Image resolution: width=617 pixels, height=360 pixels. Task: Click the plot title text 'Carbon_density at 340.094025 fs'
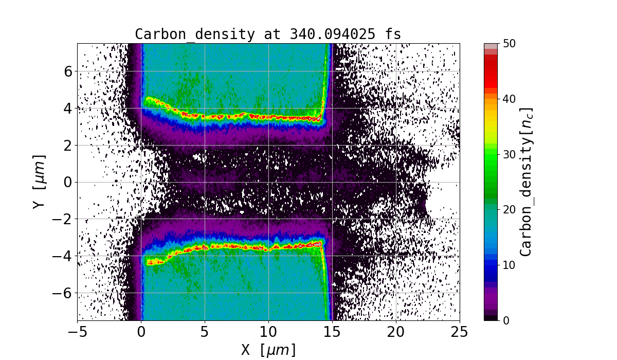click(x=268, y=34)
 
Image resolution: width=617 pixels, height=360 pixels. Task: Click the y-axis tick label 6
click(x=67, y=71)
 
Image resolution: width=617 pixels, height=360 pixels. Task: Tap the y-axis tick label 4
click(x=67, y=108)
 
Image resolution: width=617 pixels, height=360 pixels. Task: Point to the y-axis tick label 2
click(x=67, y=145)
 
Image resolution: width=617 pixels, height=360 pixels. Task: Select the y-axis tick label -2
click(x=63, y=219)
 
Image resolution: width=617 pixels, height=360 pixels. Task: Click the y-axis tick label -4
click(x=63, y=256)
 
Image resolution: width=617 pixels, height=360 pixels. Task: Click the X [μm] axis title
click(x=268, y=350)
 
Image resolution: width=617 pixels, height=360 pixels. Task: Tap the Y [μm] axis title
click(x=39, y=182)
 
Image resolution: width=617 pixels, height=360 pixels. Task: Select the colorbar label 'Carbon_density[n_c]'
click(x=525, y=182)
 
